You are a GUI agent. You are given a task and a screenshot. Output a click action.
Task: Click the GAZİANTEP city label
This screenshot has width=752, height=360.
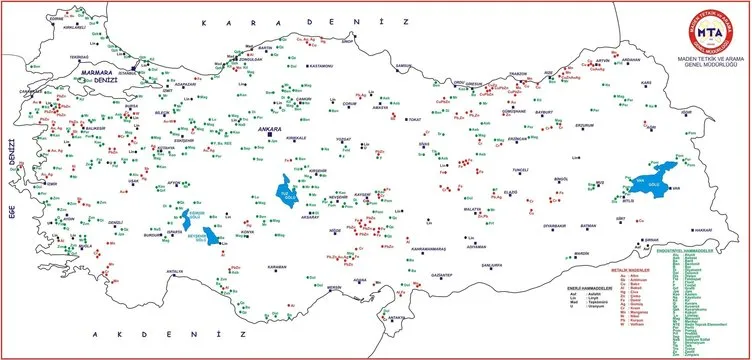(442, 272)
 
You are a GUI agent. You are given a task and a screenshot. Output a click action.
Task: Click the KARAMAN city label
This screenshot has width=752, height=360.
(277, 267)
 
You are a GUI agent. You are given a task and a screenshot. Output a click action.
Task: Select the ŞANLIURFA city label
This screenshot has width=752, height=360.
(490, 265)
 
